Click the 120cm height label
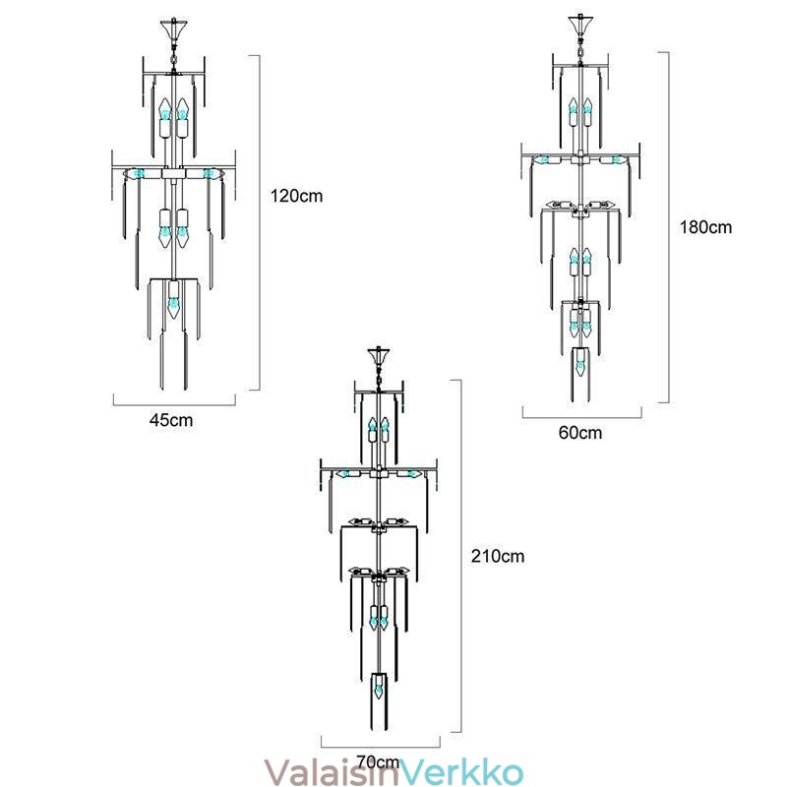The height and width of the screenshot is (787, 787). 297,196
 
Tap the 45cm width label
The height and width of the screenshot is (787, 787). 171,420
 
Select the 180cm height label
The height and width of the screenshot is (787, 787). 705,227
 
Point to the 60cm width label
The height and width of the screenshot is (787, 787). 580,433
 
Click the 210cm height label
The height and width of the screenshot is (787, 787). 498,556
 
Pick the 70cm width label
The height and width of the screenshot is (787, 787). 378,761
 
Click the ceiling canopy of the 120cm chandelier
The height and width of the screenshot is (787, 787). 174,30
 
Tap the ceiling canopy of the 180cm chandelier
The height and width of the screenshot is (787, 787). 580,24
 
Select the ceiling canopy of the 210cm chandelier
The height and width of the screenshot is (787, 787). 379,356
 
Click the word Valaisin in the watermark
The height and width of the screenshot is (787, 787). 332,771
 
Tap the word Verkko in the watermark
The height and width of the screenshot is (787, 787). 461,771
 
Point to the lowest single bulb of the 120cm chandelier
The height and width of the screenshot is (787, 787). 174,300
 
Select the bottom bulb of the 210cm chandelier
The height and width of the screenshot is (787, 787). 379,688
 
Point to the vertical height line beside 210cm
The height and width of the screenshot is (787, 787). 460,556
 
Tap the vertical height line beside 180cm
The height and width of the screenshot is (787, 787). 668,227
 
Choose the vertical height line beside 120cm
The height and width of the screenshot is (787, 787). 259,222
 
